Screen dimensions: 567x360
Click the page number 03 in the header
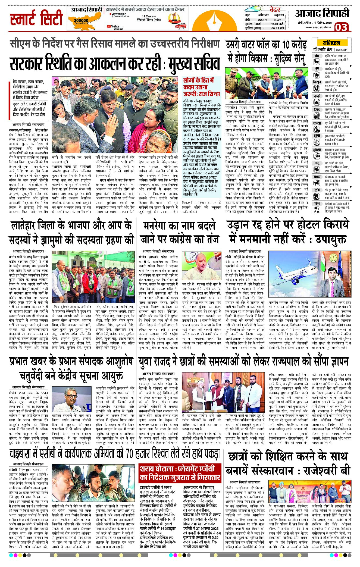click(x=341, y=27)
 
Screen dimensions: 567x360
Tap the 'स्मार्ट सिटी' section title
click(x=36, y=18)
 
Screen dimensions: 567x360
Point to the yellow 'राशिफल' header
click(x=331, y=43)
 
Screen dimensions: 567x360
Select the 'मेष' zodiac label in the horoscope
click(x=317, y=56)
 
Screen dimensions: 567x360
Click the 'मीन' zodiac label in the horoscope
click(x=317, y=203)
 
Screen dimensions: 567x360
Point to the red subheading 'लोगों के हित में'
click(x=198, y=80)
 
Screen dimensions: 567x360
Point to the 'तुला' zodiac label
click(x=317, y=136)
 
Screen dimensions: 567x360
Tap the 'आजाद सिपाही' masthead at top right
click(x=322, y=14)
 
